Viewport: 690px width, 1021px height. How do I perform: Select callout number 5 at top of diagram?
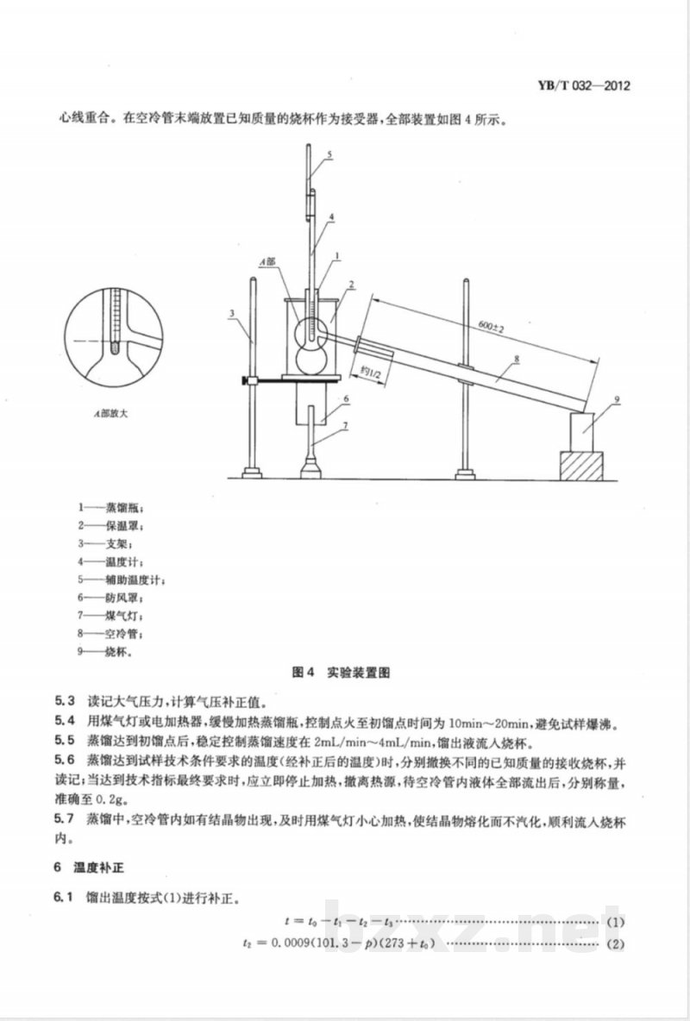(329, 155)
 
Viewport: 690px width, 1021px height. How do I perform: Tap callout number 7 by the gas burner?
(345, 424)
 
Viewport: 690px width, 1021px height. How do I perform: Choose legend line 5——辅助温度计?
(121, 579)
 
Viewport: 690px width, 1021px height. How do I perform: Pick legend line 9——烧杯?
(103, 652)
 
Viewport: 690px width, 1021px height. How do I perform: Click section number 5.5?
(65, 742)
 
